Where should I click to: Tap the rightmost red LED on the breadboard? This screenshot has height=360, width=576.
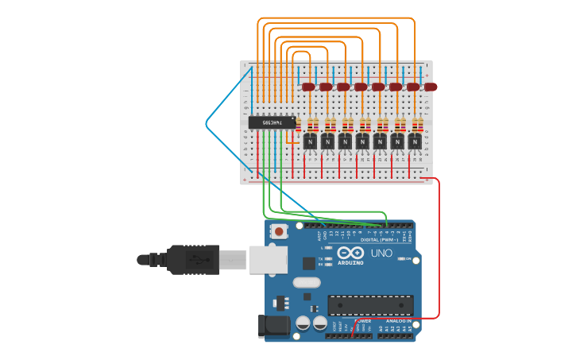pyautogui.click(x=430, y=87)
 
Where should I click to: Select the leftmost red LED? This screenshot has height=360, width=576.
pyautogui.click(x=308, y=87)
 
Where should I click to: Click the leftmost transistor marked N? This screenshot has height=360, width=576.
pyautogui.click(x=310, y=141)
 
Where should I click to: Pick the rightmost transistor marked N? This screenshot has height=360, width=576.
pyautogui.click(x=415, y=141)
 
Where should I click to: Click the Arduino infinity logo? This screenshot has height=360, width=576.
pyautogui.click(x=350, y=254)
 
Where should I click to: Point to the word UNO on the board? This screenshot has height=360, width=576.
pyautogui.click(x=381, y=254)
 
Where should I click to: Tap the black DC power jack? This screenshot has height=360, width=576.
pyautogui.click(x=272, y=327)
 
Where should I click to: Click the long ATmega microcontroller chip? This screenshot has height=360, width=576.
pyautogui.click(x=370, y=305)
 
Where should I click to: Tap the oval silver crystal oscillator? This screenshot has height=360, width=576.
pyautogui.click(x=306, y=282)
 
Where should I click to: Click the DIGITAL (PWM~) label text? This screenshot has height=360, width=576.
pyautogui.click(x=381, y=239)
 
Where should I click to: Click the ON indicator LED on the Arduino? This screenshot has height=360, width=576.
pyautogui.click(x=407, y=259)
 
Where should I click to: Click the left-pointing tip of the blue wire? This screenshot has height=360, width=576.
pyautogui.click(x=207, y=123)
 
